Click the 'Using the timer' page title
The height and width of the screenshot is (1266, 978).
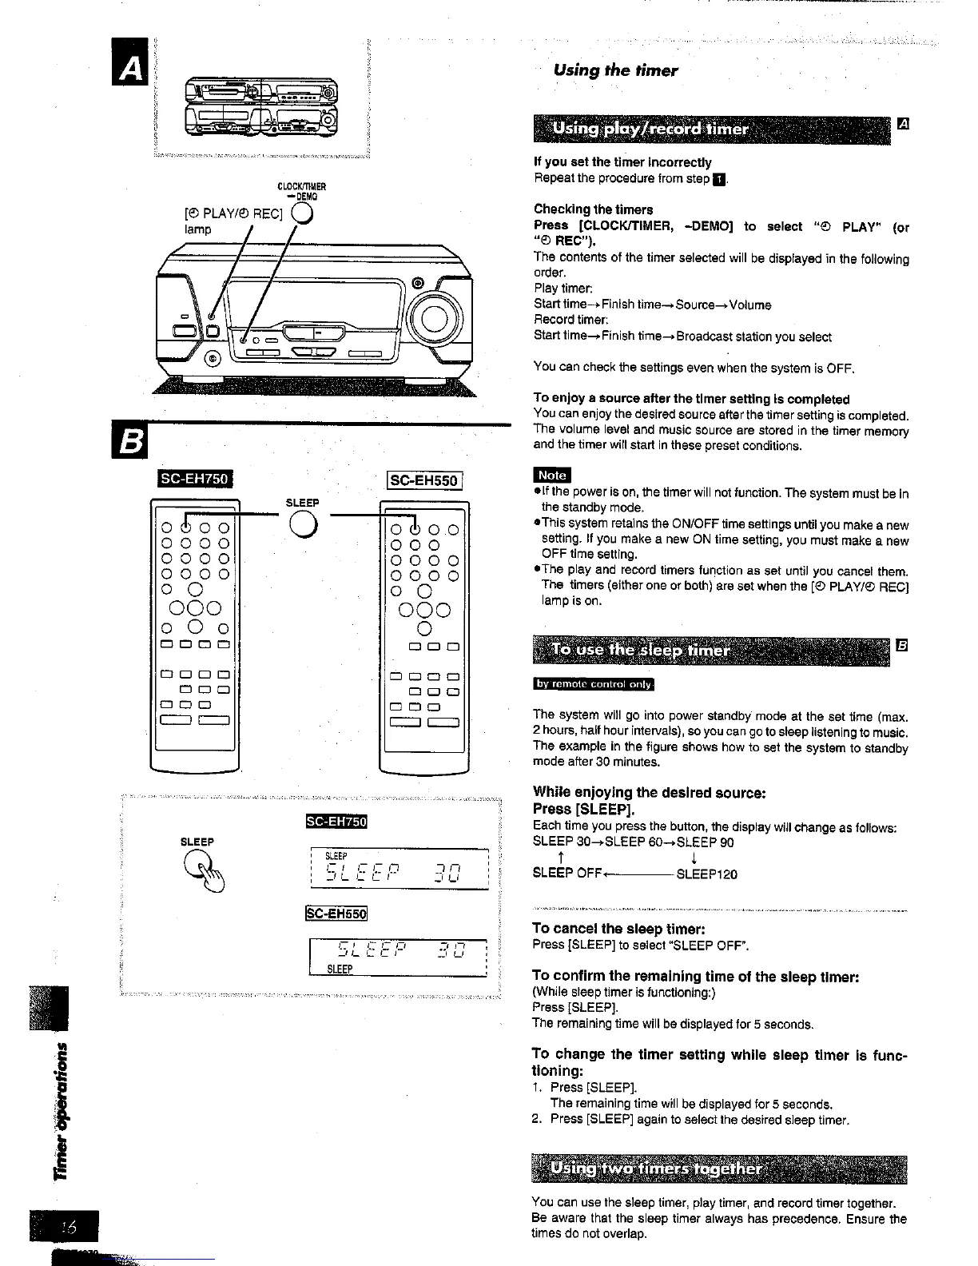(x=615, y=70)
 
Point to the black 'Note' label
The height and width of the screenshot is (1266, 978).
(x=552, y=475)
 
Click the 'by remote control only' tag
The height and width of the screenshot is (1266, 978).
(x=593, y=684)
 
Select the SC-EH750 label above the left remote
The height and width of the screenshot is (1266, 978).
(x=195, y=480)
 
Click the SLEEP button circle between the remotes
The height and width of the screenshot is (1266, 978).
(x=303, y=524)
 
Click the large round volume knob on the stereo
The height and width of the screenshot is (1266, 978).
(x=435, y=319)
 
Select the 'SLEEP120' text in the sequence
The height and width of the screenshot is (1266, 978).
(x=706, y=874)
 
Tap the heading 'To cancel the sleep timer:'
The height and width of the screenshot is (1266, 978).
(x=618, y=929)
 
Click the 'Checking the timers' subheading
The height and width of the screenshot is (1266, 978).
(x=593, y=209)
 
